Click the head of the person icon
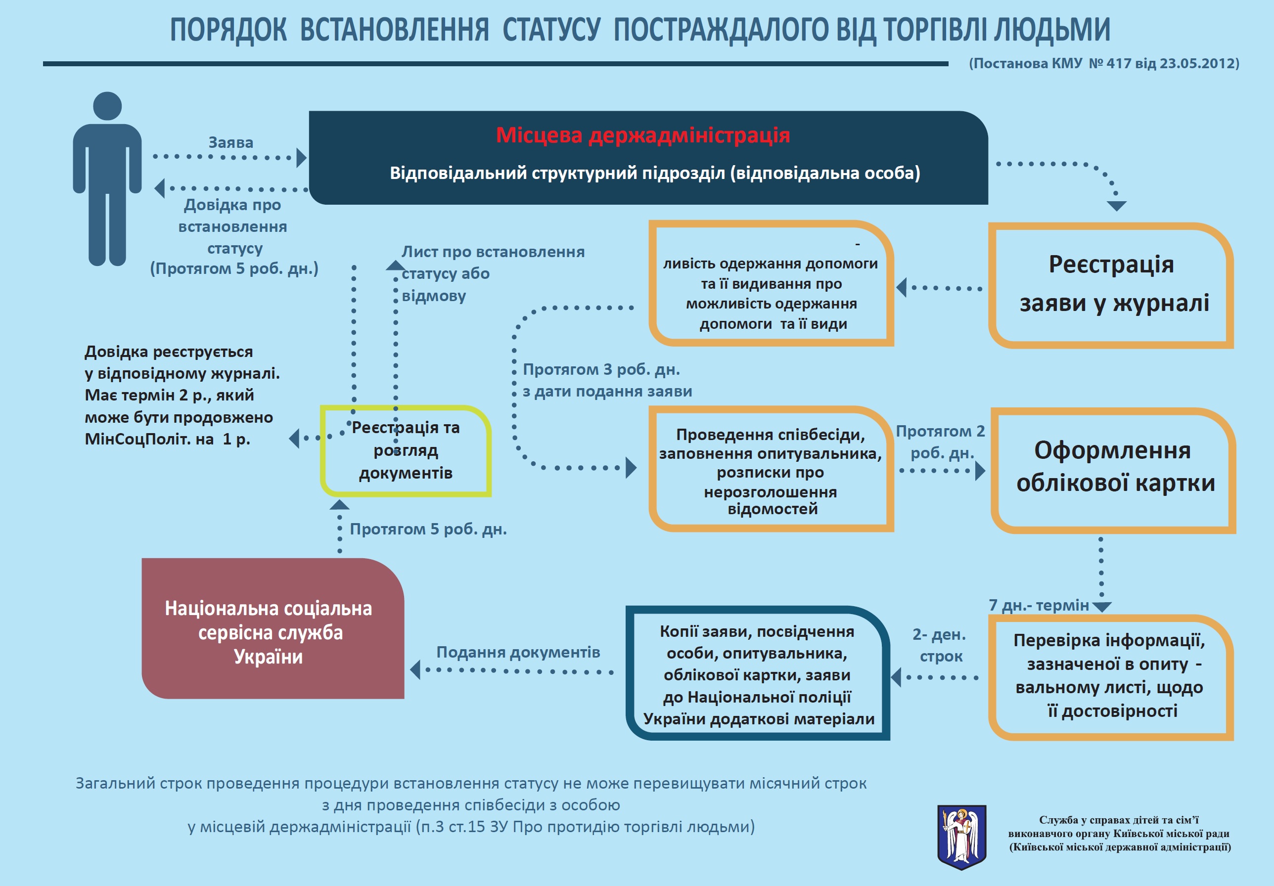(107, 106)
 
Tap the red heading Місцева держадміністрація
(642, 135)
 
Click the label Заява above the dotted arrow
(231, 142)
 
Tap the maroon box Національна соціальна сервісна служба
(273, 628)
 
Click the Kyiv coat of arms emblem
(961, 837)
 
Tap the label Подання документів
(518, 652)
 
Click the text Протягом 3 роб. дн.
(601, 369)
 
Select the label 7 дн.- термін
(1039, 605)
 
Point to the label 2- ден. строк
(939, 645)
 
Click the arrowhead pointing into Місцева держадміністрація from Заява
(301, 158)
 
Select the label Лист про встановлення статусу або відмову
(493, 273)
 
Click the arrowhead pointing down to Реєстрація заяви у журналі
(1116, 206)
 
